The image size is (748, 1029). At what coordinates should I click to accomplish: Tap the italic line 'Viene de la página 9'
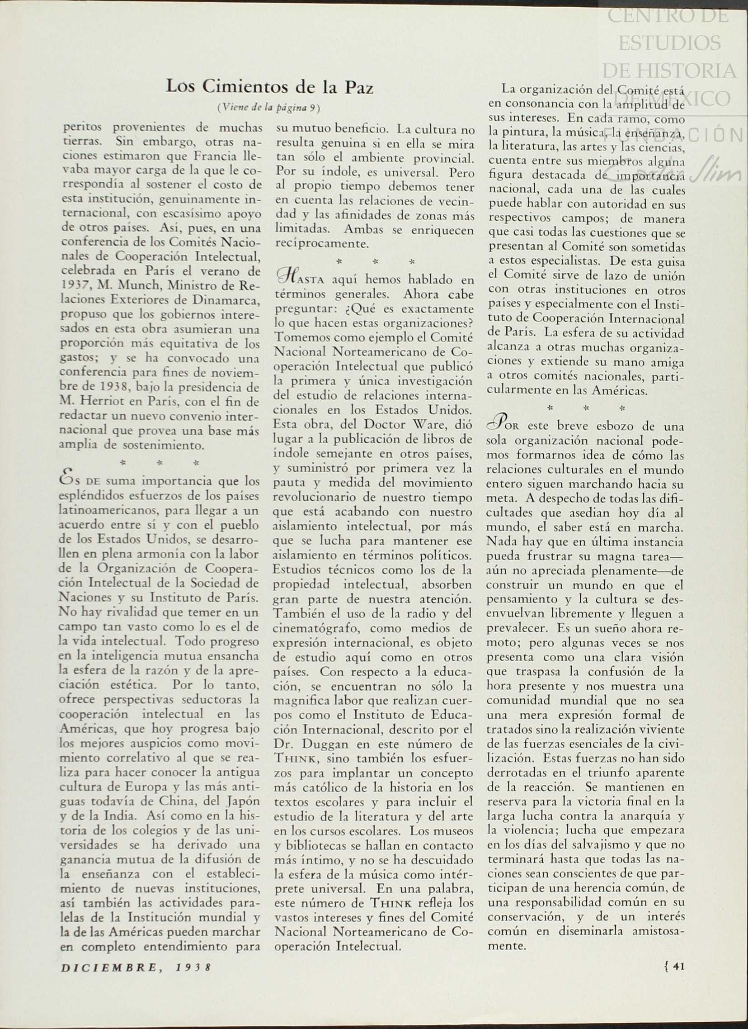click(269, 108)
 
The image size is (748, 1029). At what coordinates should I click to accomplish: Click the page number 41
click(678, 967)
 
